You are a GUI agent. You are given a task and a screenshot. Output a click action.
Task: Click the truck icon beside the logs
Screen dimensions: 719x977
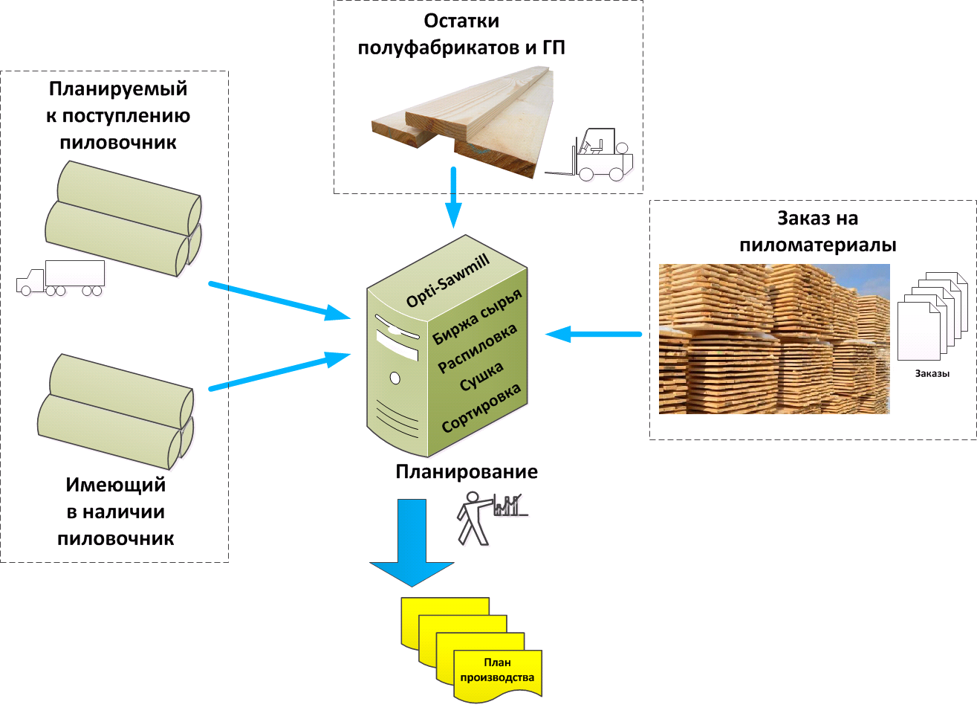coord(60,278)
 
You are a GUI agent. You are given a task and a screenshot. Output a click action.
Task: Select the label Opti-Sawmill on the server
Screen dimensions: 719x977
coord(447,280)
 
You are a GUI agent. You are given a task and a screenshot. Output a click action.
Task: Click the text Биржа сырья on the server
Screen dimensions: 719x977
coord(478,317)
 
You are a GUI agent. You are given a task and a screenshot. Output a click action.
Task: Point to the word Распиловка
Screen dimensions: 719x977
coord(477,349)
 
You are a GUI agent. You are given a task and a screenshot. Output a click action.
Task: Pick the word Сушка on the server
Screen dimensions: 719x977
coord(481,377)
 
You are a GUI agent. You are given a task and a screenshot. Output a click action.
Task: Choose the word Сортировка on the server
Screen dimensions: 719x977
coord(481,408)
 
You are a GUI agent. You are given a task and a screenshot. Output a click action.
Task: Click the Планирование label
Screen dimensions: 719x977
coord(467,472)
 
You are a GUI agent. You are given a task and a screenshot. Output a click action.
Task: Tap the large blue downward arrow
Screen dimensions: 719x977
coord(412,543)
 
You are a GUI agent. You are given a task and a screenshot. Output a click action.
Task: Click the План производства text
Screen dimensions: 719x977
coord(497,670)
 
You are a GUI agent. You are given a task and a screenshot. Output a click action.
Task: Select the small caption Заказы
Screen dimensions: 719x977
coord(932,374)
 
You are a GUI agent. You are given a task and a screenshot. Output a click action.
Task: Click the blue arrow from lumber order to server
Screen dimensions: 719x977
coord(594,335)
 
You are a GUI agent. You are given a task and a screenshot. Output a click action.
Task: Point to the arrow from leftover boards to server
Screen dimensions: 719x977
coord(452,197)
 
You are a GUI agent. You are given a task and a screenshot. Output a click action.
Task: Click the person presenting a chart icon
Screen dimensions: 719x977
coord(490,518)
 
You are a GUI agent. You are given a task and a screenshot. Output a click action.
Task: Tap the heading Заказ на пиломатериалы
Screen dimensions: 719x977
coord(817,231)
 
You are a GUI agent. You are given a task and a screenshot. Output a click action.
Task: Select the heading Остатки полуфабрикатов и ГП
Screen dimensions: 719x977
coord(461,34)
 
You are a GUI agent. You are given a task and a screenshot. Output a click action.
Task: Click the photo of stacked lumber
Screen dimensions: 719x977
coord(773,339)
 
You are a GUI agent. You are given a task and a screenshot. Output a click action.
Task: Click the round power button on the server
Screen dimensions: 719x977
coord(395,378)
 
